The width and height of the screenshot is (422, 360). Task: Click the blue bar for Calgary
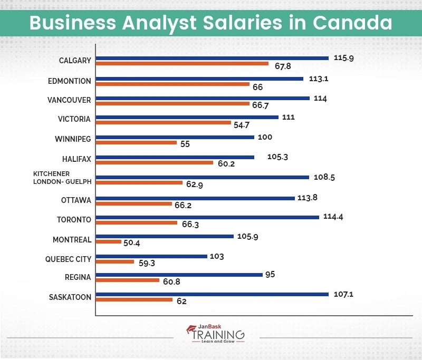[212, 58]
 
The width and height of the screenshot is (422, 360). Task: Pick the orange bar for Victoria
[164, 122]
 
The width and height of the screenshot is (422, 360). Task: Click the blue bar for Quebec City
[151, 256]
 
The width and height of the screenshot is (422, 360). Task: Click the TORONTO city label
[74, 220]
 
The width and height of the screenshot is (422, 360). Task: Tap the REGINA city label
[78, 277]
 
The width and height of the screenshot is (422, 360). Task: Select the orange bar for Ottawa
[134, 203]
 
